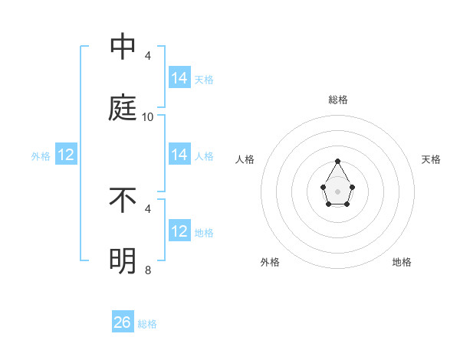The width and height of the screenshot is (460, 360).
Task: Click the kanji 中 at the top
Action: [123, 47]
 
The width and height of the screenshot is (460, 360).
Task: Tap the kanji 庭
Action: [123, 109]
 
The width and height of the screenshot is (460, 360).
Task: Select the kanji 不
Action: [123, 201]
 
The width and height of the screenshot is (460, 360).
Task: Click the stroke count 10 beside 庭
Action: [148, 117]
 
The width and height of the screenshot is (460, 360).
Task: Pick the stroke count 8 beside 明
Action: [148, 270]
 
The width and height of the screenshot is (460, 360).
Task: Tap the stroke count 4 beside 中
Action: [148, 56]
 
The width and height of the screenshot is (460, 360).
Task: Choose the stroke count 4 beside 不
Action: [148, 208]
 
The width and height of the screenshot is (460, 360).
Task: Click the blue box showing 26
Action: [123, 322]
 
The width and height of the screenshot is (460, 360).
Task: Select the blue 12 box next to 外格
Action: [66, 155]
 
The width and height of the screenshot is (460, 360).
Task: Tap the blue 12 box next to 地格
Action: [179, 231]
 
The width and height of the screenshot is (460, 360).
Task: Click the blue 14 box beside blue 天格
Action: [179, 78]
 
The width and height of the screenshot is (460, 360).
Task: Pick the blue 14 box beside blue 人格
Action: [179, 155]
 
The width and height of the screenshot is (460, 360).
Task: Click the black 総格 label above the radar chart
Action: [337, 100]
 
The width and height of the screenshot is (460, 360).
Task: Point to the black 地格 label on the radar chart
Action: [402, 262]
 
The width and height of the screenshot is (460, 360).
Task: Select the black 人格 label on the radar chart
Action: [245, 159]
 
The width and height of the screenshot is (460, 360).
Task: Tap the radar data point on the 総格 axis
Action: [337, 161]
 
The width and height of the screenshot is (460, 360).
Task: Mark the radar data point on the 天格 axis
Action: [352, 186]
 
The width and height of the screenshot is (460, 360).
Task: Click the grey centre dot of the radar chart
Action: [337, 191]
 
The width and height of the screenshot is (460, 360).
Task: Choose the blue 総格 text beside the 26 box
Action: [147, 324]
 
